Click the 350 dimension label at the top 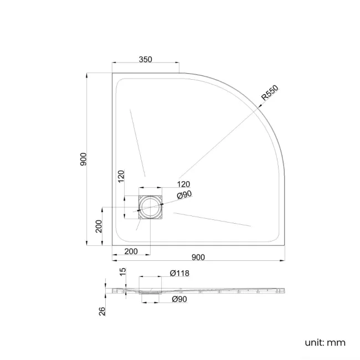tap(146, 59)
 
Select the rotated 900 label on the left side tap(83, 160)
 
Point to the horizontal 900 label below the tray tap(198, 256)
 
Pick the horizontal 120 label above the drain tap(183, 184)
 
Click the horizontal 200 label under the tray tap(131, 251)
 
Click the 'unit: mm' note tap(325, 342)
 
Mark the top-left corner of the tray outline tap(112, 73)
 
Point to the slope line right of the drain tap(212, 218)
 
